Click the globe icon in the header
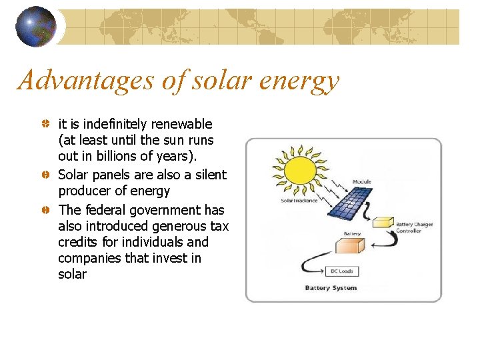[x=36, y=27]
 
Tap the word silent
[x=210, y=175]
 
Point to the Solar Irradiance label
[x=298, y=201]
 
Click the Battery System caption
[x=331, y=288]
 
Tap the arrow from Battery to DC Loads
[x=311, y=264]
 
